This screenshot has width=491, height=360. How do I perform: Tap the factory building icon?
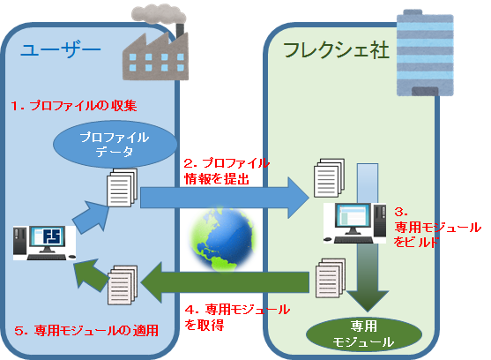(154, 41)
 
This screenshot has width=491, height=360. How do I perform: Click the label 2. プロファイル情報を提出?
(226, 172)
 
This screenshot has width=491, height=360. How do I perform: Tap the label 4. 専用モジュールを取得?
(236, 318)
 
